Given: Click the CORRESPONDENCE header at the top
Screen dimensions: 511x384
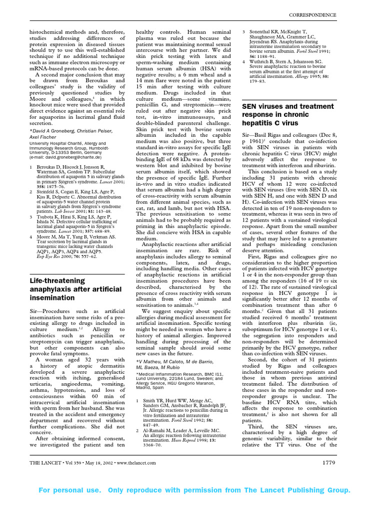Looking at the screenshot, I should (313, 15).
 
